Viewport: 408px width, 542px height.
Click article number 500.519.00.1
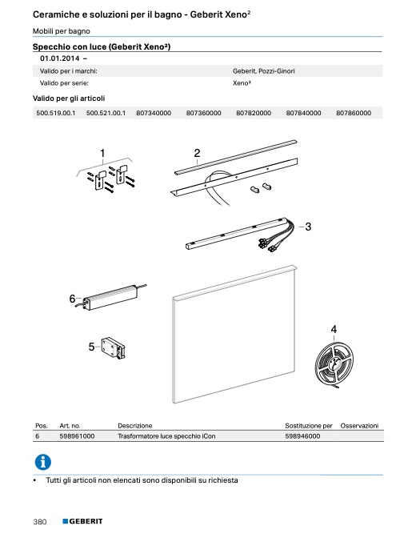click(56, 113)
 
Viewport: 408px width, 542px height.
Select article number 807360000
click(203, 113)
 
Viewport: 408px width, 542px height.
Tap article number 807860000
click(354, 113)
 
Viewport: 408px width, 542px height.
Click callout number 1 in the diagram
click(102, 153)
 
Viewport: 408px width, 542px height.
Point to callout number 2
click(197, 153)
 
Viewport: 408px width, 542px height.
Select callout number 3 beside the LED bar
click(308, 227)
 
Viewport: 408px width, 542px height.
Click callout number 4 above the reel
click(334, 329)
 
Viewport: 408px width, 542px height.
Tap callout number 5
click(91, 347)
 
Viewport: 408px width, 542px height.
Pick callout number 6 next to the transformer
click(72, 299)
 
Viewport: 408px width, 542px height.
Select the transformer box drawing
click(110, 296)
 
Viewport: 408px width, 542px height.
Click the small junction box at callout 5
click(113, 348)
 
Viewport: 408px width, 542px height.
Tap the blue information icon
click(43, 462)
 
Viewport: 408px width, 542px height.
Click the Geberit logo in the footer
click(82, 521)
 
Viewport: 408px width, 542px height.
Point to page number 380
click(40, 522)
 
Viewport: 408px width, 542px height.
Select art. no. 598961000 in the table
click(77, 436)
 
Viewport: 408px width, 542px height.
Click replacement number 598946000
click(302, 436)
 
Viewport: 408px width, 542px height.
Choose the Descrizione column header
click(134, 425)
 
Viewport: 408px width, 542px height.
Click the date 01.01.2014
click(60, 58)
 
